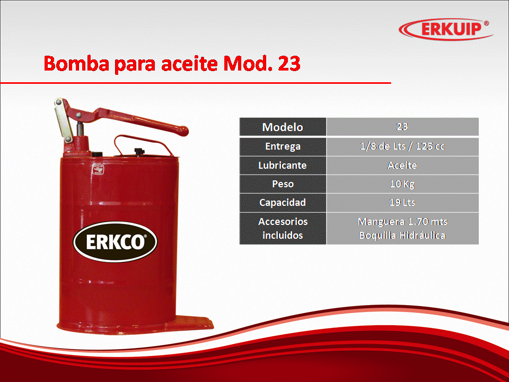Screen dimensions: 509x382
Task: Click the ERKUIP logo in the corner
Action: coord(445,29)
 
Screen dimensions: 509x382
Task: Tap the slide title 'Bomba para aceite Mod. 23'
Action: coord(172,63)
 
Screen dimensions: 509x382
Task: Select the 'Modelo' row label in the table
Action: coord(283,127)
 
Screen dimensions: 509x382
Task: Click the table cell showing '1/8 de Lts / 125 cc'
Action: coord(402,146)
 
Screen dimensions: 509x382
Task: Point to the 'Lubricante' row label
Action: coord(283,166)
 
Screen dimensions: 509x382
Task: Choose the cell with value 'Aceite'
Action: coord(402,166)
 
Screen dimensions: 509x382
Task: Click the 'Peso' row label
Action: coord(283,184)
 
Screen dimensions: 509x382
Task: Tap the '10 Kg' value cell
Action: coord(402,184)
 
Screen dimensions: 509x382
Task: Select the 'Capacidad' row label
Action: coord(283,203)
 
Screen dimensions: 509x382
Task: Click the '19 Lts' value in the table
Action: coord(402,203)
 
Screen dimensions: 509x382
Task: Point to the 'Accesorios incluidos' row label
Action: coord(283,228)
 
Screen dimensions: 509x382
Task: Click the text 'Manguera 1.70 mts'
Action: coord(402,222)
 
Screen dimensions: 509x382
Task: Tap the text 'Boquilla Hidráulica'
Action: coord(402,235)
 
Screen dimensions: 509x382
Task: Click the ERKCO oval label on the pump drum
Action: coord(115,242)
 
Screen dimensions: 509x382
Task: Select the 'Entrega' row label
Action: coord(283,146)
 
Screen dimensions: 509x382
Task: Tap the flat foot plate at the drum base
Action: coord(194,323)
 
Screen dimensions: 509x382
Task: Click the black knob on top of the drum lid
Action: coord(138,151)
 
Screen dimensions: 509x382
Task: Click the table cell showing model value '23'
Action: coord(402,127)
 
